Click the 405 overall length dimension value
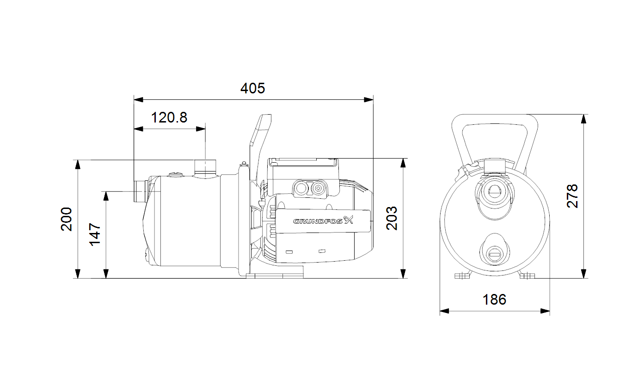(x=253, y=88)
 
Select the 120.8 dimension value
(x=170, y=117)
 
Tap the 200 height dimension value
(x=67, y=219)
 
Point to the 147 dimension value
(x=95, y=234)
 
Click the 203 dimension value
(x=392, y=219)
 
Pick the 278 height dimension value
(x=573, y=196)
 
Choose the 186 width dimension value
(x=495, y=300)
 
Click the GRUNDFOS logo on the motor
(x=323, y=221)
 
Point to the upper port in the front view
(x=495, y=190)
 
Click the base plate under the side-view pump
(x=275, y=276)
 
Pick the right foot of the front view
(x=527, y=276)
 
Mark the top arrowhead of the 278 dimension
(x=584, y=119)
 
